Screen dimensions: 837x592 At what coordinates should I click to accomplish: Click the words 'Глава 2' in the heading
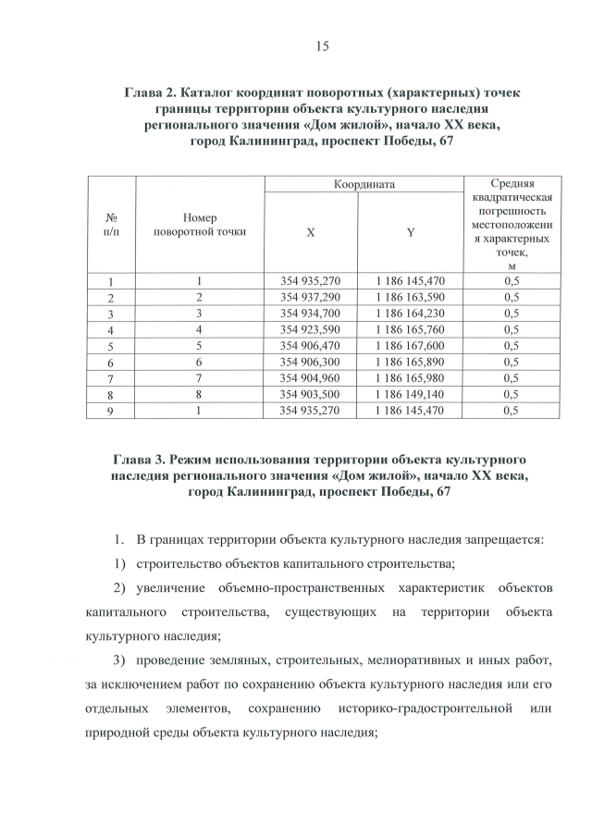[149, 93]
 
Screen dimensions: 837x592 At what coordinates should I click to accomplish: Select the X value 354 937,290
[311, 297]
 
